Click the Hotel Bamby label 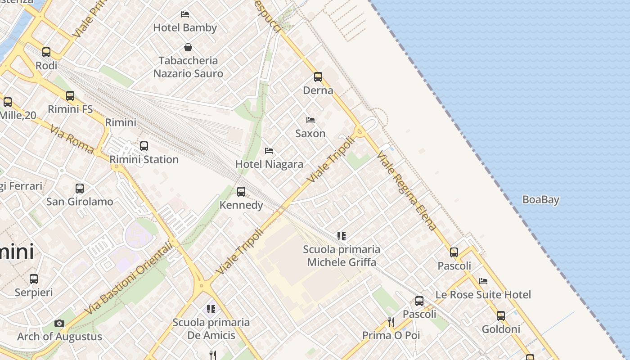185,27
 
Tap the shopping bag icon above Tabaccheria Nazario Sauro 188,47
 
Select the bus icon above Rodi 46,52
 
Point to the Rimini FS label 70,109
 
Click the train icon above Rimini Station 144,146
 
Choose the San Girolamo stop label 80,202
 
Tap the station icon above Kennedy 241,192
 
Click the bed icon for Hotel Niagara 269,151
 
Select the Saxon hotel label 310,134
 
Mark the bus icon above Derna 318,77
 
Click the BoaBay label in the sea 540,200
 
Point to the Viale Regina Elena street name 407,190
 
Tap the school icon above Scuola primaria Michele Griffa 342,236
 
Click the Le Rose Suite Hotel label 483,295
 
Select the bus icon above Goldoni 501,316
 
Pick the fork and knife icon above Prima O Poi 391,322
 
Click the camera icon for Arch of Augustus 59,323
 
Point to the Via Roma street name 72,139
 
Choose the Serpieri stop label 34,292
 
